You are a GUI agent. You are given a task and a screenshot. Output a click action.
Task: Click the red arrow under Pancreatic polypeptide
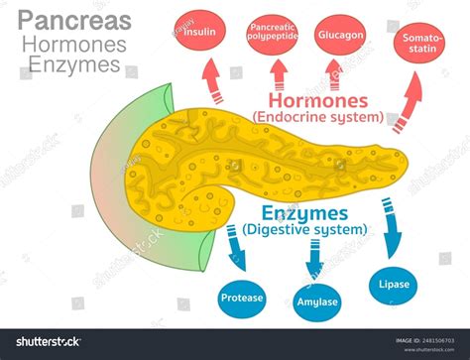click(x=278, y=74)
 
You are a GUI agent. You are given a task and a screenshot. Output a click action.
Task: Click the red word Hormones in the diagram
click(x=316, y=100)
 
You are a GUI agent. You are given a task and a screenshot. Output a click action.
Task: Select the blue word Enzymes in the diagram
click(x=304, y=213)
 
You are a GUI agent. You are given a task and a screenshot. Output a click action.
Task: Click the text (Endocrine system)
click(x=317, y=117)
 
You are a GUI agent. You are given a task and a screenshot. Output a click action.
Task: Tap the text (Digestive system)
click(x=304, y=230)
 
